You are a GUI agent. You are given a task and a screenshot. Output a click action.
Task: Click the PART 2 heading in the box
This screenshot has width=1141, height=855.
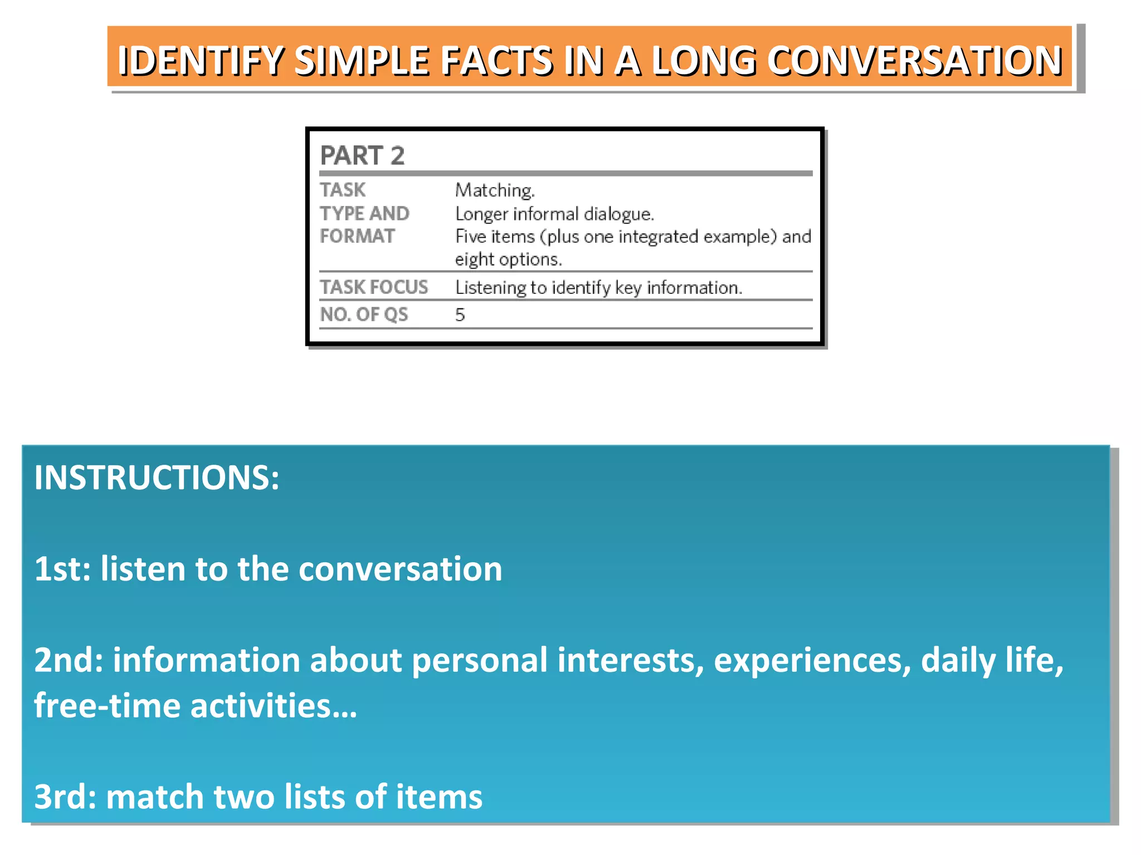362,155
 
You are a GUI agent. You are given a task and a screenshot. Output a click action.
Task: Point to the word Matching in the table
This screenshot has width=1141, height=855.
495,190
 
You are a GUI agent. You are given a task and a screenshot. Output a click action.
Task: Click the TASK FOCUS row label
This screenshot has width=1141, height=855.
374,287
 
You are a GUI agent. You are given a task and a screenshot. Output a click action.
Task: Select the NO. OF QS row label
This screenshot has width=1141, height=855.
364,315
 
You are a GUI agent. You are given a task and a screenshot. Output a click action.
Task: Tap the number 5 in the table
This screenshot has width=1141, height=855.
460,315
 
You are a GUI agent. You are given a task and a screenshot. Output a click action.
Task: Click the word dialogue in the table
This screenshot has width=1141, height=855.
618,214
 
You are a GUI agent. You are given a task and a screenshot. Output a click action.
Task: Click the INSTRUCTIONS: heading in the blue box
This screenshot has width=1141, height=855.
157,478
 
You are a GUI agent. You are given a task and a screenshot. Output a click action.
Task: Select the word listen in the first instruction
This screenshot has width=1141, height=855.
143,569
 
